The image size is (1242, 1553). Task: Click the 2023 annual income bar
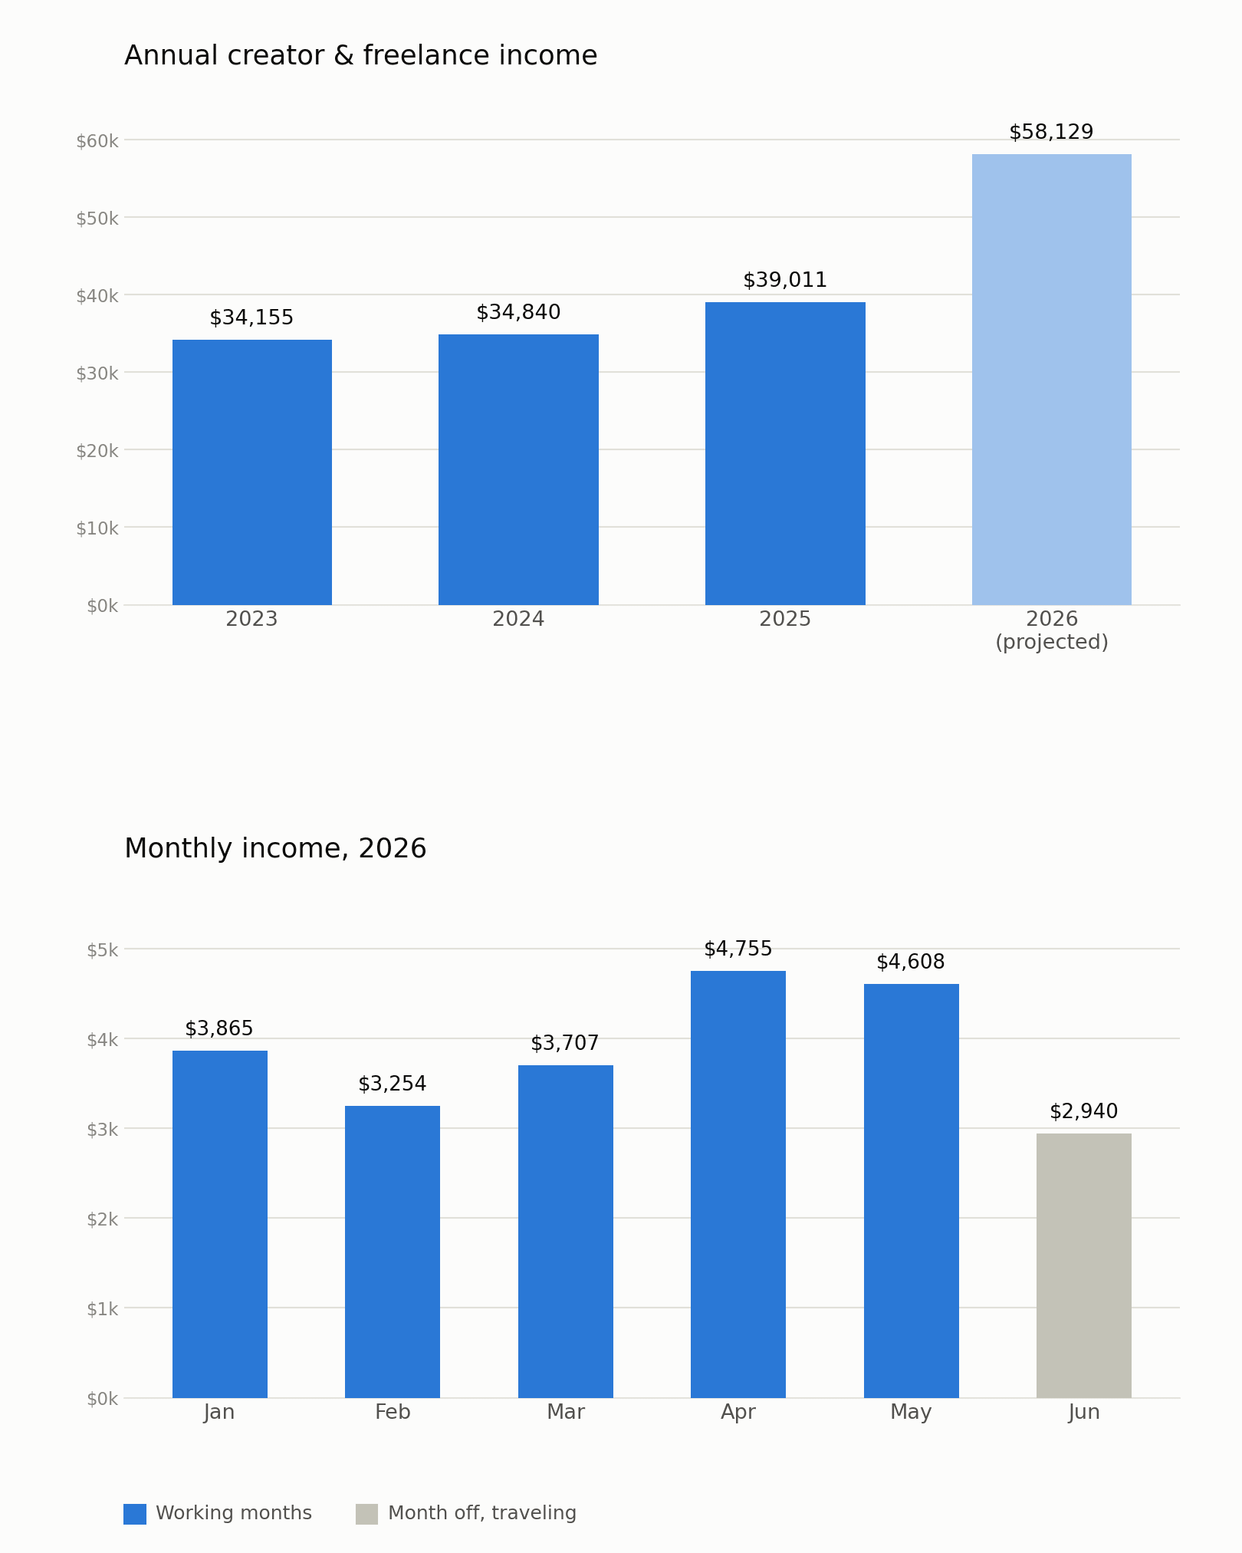[x=252, y=472]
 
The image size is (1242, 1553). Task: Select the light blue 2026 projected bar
[x=1052, y=380]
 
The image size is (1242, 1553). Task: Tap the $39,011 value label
[x=785, y=281]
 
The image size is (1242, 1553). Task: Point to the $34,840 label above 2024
[x=518, y=313]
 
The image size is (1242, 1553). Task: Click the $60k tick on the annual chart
[x=97, y=141]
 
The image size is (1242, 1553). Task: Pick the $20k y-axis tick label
[x=97, y=451]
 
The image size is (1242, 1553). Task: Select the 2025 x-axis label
[x=785, y=620]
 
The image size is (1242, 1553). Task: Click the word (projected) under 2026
[x=1052, y=643]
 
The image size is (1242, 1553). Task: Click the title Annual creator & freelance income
[x=361, y=56]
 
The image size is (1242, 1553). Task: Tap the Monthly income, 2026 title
[x=275, y=849]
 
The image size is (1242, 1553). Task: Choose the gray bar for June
[x=1084, y=1265]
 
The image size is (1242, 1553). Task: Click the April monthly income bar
[x=738, y=1184]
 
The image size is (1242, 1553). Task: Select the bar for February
[x=393, y=1252]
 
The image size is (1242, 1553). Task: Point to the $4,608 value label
[x=911, y=962]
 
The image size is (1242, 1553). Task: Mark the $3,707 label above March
[x=565, y=1044]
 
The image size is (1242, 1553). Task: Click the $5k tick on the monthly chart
[x=103, y=951]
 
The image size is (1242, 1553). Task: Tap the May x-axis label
[x=911, y=1413]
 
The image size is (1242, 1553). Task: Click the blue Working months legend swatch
[x=135, y=1514]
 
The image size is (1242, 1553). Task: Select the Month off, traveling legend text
[x=482, y=1514]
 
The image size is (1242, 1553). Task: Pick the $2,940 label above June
[x=1084, y=1112]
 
